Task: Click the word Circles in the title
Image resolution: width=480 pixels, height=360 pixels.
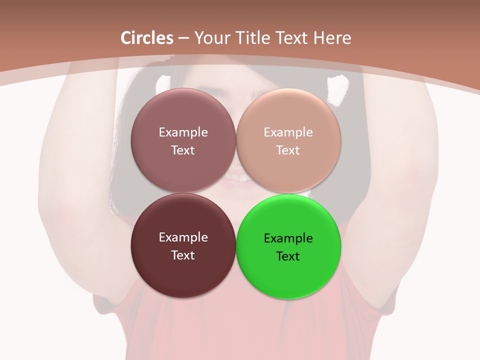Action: pos(147,38)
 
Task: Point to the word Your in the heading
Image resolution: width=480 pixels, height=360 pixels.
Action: pos(211,38)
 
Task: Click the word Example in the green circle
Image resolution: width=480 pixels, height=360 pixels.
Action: pos(288,238)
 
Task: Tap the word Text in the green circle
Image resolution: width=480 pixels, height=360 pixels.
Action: pos(288,256)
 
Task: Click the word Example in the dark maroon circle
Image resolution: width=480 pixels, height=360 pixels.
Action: pos(183,237)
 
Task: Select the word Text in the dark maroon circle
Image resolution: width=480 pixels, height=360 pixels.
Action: pos(183,255)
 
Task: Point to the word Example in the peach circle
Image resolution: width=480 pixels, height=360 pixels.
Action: pos(288,132)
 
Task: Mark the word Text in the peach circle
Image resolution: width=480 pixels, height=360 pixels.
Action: pos(288,150)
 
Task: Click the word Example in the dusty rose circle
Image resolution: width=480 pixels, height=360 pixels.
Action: pos(183,132)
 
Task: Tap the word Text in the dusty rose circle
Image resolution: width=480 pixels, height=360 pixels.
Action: pos(183,150)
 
